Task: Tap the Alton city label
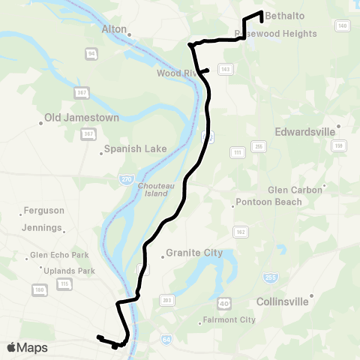[x=115, y=29]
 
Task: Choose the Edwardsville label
[x=304, y=131]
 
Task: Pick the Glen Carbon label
[x=295, y=190]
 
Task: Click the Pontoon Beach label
[x=268, y=202]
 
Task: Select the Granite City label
[x=194, y=253]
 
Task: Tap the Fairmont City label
[x=229, y=319]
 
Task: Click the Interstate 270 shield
[x=126, y=180]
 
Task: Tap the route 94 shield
[x=91, y=54]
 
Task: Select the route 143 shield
[x=224, y=69]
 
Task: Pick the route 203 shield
[x=167, y=301]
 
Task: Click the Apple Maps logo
[x=27, y=347]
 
